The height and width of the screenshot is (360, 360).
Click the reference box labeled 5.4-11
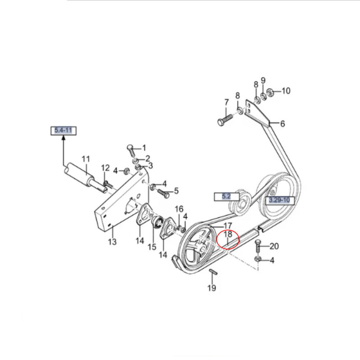tap(63, 130)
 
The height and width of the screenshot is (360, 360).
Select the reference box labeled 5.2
tap(227, 197)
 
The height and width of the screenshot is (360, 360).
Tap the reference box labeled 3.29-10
tap(279, 200)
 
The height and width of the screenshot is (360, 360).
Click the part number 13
tap(112, 242)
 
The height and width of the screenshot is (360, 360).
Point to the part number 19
tap(211, 288)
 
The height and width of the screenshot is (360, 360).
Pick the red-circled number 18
tap(228, 234)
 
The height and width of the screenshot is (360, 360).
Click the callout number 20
tap(274, 246)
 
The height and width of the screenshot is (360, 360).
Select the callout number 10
tap(286, 91)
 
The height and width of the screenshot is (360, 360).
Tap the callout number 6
tap(283, 124)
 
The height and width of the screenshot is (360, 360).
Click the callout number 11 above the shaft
tap(85, 159)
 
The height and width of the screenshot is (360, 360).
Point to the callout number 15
tap(152, 247)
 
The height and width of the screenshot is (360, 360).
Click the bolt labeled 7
tap(225, 120)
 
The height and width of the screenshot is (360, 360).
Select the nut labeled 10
tap(270, 92)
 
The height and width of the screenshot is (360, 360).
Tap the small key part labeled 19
tap(213, 272)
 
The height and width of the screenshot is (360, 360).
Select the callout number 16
tap(179, 209)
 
